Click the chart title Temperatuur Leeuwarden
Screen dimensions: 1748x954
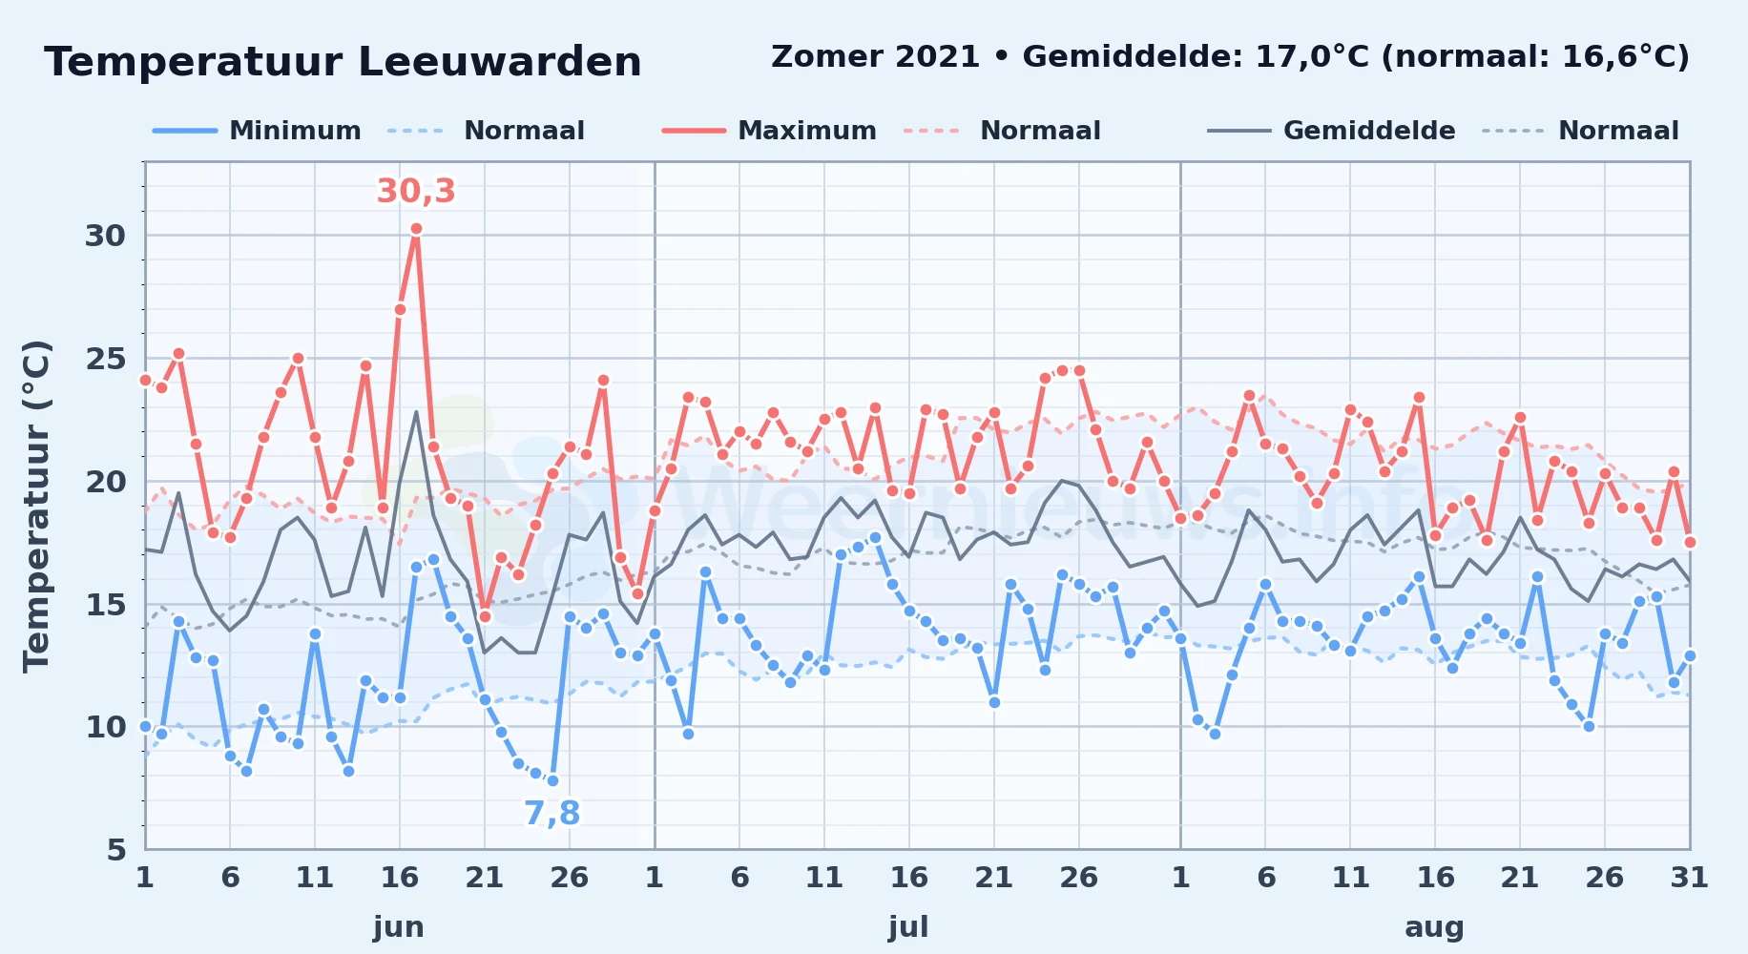[343, 63]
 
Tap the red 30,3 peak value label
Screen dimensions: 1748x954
[416, 192]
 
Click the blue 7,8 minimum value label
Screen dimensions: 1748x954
[551, 813]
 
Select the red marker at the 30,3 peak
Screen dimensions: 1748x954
[416, 229]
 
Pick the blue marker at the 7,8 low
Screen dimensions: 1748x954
[552, 781]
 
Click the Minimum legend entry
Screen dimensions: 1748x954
[257, 131]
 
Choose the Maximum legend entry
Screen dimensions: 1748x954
[769, 131]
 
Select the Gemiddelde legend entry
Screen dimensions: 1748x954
[1332, 131]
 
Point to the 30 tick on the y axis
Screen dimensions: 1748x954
[105, 236]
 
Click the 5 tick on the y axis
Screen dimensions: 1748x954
[116, 849]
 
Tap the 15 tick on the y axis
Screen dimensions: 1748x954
[105, 604]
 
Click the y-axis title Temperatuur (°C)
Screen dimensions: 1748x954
[36, 507]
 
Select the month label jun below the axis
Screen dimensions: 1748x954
[399, 927]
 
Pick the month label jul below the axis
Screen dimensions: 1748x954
[908, 927]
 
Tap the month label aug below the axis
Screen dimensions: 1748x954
[1434, 927]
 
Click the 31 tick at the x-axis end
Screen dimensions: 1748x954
[1689, 877]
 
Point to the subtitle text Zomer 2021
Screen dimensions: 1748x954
[875, 56]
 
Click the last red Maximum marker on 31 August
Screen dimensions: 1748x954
[1690, 542]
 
